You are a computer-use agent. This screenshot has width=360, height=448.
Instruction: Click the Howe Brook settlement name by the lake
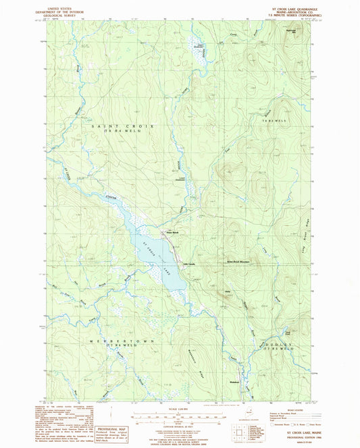(172, 233)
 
